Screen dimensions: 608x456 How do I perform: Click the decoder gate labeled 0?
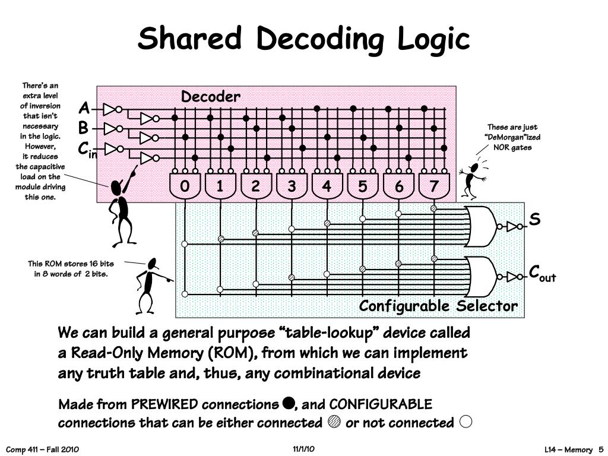click(x=185, y=186)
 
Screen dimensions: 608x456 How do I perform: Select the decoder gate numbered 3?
click(x=292, y=186)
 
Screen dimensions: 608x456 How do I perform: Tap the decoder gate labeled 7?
click(x=434, y=186)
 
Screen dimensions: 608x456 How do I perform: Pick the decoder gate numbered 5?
click(x=363, y=186)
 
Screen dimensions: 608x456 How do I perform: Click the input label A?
click(x=84, y=108)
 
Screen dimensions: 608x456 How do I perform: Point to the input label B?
click(x=83, y=128)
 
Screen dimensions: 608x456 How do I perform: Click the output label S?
click(x=535, y=220)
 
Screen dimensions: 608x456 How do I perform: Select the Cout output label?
click(x=542, y=273)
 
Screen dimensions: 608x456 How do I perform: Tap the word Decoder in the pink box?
click(x=211, y=97)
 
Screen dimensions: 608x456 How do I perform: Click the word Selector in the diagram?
click(x=487, y=306)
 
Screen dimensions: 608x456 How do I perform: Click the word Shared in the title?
click(x=189, y=39)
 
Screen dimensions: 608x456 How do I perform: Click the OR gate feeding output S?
click(x=481, y=226)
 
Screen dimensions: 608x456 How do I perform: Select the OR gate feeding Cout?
click(x=481, y=277)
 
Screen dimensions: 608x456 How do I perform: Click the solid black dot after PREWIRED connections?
click(x=288, y=403)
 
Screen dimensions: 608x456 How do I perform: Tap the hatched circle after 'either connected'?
click(x=334, y=422)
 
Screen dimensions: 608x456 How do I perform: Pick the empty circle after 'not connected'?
click(x=465, y=422)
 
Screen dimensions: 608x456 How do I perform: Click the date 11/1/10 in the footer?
click(x=303, y=449)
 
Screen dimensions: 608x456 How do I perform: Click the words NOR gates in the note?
click(x=512, y=147)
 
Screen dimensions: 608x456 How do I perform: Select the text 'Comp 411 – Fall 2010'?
click(x=42, y=449)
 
